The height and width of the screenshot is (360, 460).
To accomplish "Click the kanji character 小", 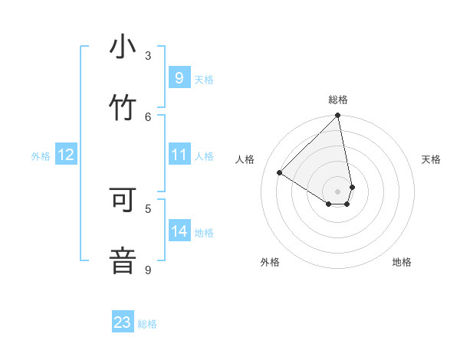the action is pos(123,48).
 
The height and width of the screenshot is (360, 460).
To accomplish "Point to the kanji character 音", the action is pos(123,260).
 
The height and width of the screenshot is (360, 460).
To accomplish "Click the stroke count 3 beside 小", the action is pos(148,55).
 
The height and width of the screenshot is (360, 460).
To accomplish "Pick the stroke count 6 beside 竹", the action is pos(148,116).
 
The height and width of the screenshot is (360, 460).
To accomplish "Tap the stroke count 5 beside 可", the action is pos(148,208).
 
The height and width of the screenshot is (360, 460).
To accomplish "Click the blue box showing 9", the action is pos(179,78).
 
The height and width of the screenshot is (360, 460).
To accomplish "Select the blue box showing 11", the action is pos(179,155).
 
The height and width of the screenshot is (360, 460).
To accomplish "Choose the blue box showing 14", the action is pos(179,231).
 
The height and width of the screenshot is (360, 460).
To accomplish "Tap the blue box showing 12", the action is pos(66,155).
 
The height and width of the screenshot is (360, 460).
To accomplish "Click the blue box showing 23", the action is pos(123,322).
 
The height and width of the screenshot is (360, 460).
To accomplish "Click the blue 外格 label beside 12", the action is pos(41,156).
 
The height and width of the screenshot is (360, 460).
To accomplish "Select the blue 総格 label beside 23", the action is pos(147,324).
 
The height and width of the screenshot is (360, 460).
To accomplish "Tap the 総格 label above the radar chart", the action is pos(338,100).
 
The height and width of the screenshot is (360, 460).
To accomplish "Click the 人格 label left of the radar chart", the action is pos(245,159).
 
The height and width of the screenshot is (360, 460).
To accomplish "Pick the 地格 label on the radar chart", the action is pos(402,262).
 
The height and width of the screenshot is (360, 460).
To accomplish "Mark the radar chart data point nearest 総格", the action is pos(337,116).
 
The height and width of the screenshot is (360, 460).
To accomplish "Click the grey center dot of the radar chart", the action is pos(337,191).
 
